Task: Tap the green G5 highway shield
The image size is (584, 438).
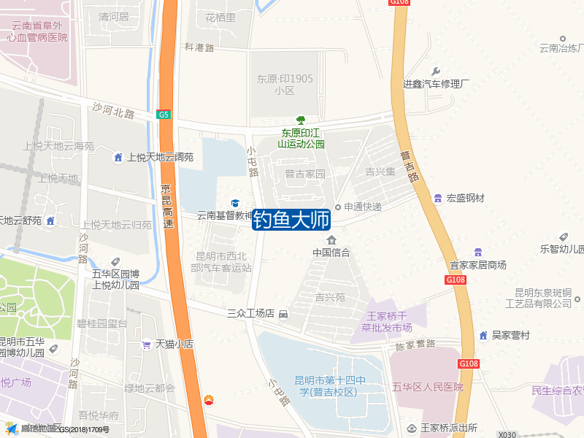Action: tap(164, 115)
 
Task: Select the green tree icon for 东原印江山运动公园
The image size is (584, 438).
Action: tap(300, 120)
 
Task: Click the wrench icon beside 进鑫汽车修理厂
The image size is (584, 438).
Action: tap(437, 72)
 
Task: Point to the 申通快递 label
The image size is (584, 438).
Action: tap(364, 207)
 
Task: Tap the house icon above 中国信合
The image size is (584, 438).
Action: tap(331, 240)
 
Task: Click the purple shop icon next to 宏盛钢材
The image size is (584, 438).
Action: tap(437, 198)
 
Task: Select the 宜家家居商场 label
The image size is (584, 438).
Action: tap(478, 265)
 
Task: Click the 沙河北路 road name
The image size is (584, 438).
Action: tap(114, 109)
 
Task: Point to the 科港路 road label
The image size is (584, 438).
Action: tap(199, 47)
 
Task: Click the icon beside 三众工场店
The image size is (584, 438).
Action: tap(283, 314)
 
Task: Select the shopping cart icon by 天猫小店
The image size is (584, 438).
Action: tap(147, 344)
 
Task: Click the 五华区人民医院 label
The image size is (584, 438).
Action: tap(428, 387)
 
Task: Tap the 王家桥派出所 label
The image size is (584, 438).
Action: tap(442, 428)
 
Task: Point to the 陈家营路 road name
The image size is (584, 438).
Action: tap(415, 344)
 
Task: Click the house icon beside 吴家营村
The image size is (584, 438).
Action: tap(483, 335)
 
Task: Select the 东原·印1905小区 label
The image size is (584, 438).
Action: tap(285, 85)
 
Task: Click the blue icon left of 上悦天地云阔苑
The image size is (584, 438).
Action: tap(118, 157)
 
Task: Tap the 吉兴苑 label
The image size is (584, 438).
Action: tap(330, 297)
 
